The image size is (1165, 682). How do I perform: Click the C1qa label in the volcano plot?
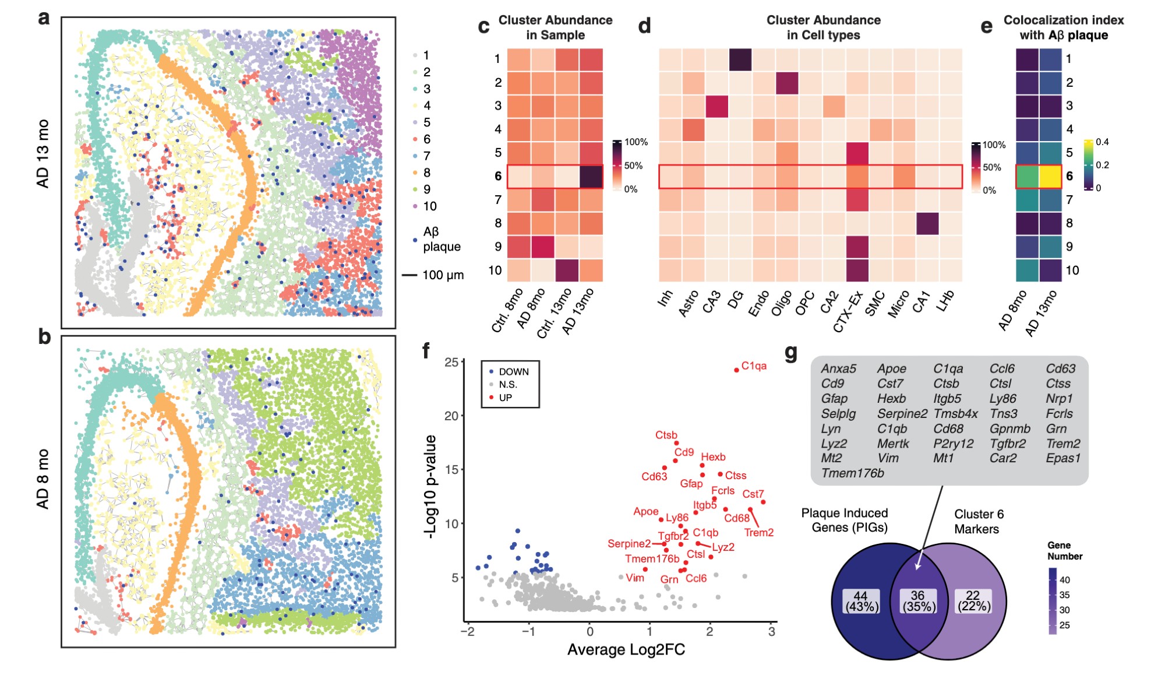coord(754,365)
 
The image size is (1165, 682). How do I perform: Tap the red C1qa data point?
coord(736,370)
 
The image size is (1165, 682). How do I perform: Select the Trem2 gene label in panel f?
coord(758,532)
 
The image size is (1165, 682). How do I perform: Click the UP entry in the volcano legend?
coord(505,398)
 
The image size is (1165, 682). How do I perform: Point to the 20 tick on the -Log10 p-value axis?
coord(451,416)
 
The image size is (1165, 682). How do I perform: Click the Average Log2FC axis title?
coord(626,649)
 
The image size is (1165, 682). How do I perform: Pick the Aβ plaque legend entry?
coord(441,239)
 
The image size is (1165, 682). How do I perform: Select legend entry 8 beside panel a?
coord(426,173)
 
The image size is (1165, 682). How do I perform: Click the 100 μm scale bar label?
coord(443,275)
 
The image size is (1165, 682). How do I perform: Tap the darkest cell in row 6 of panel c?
coord(591,177)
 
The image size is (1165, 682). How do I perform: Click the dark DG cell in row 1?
coord(740,59)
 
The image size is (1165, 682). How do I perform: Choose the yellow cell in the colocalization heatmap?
coord(1050,177)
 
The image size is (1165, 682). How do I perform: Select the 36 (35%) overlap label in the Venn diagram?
coord(919,601)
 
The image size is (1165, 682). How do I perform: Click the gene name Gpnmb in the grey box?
coord(1009,428)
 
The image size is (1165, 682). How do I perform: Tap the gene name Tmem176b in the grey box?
coord(852,473)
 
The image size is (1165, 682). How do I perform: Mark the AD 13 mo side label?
coord(43,154)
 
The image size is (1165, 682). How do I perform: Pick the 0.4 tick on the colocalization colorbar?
coord(1102,142)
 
